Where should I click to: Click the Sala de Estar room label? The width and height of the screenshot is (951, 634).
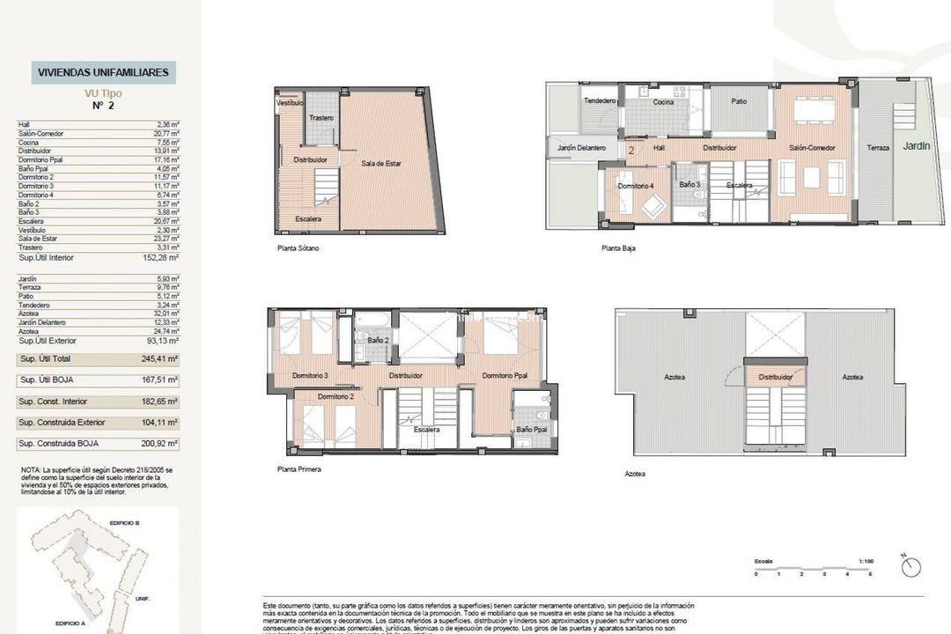[x=381, y=163]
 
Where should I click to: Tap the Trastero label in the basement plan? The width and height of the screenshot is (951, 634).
[x=321, y=117]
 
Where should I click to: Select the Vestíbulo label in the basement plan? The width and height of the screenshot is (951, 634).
[x=290, y=103]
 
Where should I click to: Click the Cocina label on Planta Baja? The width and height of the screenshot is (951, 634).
[x=663, y=102]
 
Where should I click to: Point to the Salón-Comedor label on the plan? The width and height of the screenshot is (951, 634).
[x=811, y=148]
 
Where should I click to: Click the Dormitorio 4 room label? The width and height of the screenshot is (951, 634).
[x=636, y=186]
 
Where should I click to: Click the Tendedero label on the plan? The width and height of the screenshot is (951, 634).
[x=600, y=101]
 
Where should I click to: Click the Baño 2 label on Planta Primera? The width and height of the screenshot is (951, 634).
[x=378, y=340]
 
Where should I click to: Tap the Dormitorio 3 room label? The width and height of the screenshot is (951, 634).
[x=310, y=376]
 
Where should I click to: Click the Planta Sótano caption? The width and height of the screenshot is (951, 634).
[x=298, y=248]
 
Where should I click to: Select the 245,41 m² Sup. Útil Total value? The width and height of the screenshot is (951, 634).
[x=161, y=359]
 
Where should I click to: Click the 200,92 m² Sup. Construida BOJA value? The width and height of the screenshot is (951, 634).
[x=161, y=445]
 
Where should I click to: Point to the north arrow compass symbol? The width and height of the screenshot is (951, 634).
[x=910, y=566]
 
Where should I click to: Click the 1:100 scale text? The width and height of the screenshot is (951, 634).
[x=866, y=560]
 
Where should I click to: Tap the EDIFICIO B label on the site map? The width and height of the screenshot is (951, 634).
[x=124, y=522]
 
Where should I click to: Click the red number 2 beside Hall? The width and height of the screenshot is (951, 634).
[x=632, y=150]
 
